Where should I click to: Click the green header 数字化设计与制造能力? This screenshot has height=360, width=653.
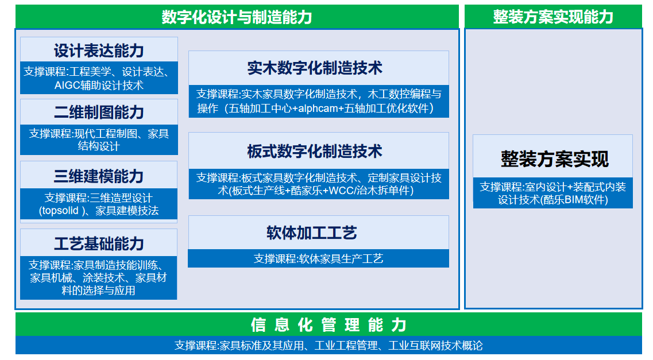237,17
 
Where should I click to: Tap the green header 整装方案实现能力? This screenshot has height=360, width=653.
553,17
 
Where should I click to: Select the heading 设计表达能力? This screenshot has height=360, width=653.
99,51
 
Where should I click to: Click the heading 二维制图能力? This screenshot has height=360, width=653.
99,113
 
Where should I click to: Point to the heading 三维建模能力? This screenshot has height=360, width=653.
99,176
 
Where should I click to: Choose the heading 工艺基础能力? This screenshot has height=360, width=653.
99,244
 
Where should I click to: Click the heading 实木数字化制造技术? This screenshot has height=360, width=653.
315,68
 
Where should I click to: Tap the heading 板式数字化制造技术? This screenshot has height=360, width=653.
315,152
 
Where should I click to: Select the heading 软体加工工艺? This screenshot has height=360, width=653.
312,233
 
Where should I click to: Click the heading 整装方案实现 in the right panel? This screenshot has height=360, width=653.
555,159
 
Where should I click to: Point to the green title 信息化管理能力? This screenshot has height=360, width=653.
329,325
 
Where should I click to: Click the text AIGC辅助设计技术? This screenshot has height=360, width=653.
99,86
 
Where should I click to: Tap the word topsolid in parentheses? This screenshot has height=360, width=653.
59,211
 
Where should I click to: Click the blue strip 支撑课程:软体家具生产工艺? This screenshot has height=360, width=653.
319,259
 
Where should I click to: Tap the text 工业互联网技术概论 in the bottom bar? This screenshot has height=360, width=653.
435,346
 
